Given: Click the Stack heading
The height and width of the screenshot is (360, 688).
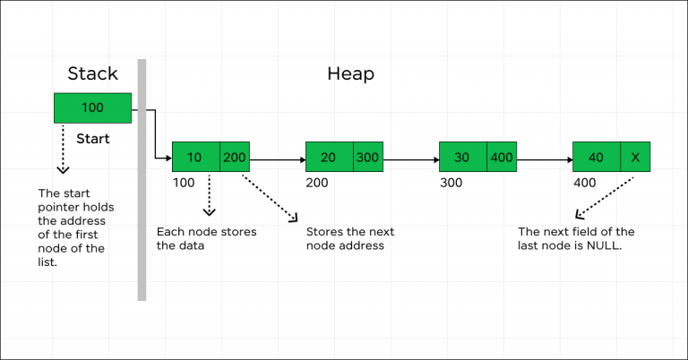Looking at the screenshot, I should coord(93,73).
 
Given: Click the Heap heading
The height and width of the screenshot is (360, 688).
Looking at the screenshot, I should coord(350,73).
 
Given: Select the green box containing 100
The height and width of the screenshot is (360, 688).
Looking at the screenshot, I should coord(93,108).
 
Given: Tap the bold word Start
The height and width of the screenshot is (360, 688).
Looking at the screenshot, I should coord(93,140).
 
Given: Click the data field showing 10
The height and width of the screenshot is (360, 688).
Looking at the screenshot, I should coord(195,157).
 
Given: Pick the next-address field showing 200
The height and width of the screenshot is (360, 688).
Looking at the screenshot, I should coord(235,157).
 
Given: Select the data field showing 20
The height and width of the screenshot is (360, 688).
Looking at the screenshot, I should coord(329,157).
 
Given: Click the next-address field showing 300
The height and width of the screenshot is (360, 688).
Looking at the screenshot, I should coord(368,157).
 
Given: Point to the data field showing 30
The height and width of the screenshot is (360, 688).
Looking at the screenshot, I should coord(462,157).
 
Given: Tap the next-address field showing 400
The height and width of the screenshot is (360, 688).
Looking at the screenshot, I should coord(502,157).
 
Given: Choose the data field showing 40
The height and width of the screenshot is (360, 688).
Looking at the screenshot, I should coord(596,157).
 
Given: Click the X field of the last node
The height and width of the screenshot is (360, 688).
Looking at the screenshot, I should coord(635,157).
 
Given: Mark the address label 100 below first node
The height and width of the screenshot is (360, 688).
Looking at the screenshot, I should coord(183,182).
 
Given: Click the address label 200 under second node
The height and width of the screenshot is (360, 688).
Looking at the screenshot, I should coord(317,182).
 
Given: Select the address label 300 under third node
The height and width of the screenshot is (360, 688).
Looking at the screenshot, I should coord(451,182).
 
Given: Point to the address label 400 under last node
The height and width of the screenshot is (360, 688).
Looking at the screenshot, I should coord(584,182).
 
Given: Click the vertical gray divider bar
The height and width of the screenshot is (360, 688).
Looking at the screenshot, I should coord(142,179).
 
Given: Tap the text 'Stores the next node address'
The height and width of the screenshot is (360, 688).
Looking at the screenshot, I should coord(350,238).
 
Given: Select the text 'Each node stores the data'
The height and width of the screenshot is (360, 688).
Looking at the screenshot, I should coord(206,238).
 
